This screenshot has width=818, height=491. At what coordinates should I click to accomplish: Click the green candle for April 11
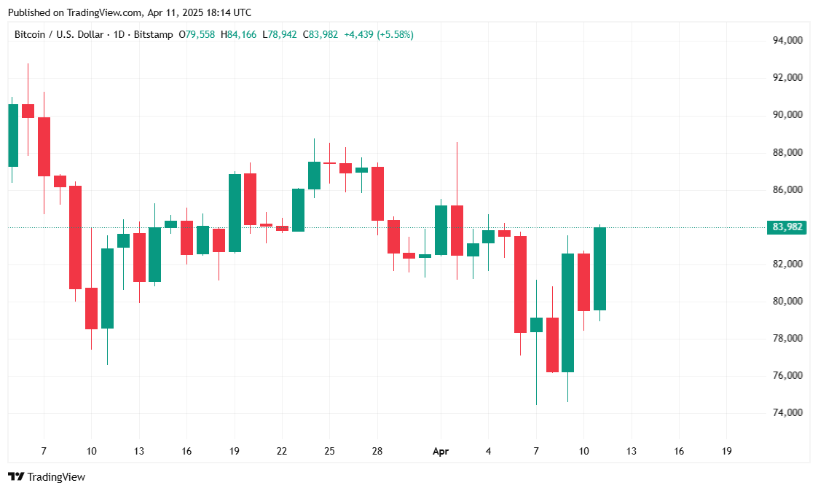point(600,269)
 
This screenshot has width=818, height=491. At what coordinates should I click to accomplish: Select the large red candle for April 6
point(520,284)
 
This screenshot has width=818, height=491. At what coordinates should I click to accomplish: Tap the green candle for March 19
point(235,213)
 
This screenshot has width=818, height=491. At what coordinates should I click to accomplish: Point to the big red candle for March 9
point(75,237)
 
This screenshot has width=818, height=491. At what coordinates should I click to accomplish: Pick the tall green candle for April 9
point(568,313)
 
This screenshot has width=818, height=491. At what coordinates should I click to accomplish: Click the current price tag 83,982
point(787,227)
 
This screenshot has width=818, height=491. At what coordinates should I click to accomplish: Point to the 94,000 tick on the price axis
point(787,40)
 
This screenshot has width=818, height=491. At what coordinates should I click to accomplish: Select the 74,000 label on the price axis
point(787,413)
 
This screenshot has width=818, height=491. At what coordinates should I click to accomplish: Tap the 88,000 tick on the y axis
point(787,152)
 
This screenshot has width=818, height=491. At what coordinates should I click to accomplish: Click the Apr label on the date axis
point(441,452)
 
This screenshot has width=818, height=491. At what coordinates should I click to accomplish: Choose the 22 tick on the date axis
point(282,452)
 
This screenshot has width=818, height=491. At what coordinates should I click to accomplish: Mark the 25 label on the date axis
point(329,452)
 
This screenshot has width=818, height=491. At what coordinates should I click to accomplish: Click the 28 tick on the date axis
point(377,452)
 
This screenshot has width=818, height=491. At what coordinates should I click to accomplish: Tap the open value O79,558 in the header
point(197,34)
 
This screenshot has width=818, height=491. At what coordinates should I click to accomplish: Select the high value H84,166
point(238,34)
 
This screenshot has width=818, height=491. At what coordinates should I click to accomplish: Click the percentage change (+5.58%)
point(395,34)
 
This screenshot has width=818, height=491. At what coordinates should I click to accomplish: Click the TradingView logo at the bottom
point(47,477)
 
